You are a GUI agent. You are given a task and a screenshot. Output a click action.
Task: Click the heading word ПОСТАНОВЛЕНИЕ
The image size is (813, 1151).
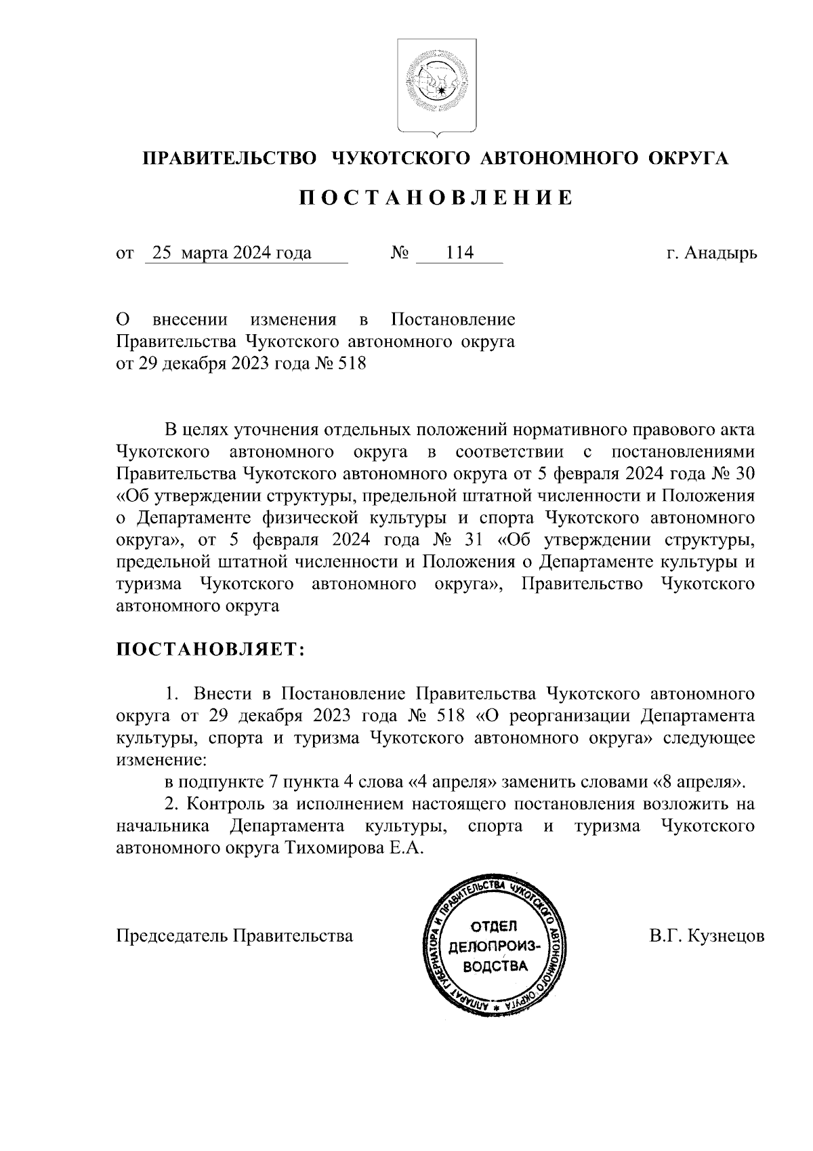[436, 198]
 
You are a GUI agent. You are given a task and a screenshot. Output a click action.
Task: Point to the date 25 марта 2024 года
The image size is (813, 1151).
[232, 254]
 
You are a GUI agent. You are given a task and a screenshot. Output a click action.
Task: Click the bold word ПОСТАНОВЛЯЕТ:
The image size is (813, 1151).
[211, 649]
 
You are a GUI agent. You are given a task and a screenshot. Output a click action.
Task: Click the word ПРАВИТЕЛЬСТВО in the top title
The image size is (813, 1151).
[229, 159]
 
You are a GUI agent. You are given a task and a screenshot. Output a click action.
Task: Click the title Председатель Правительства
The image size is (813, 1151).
[234, 936]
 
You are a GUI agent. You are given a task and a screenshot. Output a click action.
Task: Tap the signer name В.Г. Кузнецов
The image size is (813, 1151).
[707, 936]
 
